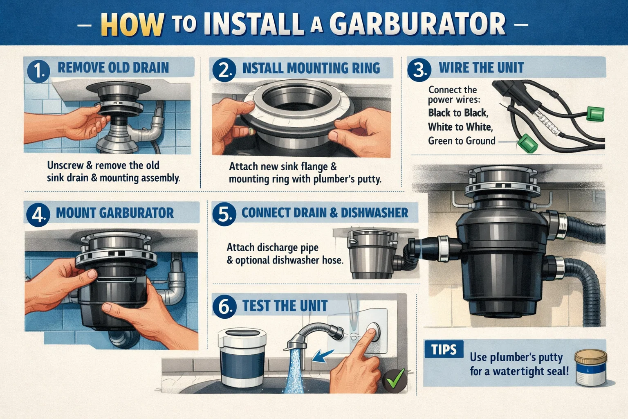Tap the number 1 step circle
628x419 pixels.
click(38, 70)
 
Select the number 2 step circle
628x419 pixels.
click(224, 70)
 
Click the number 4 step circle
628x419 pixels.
click(38, 214)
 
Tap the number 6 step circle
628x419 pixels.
click(224, 306)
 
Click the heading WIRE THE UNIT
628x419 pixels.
click(481, 68)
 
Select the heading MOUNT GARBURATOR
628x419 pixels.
click(115, 213)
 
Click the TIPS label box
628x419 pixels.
click(444, 350)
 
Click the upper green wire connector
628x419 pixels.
click(595, 113)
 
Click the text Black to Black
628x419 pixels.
click(458, 113)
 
